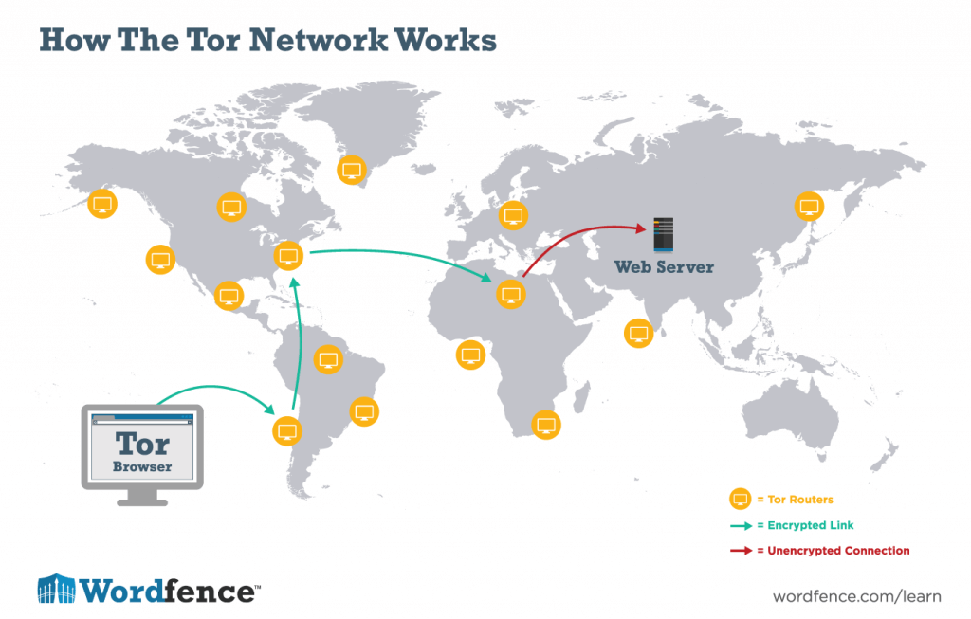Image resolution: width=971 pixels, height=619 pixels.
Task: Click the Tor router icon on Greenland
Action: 352,171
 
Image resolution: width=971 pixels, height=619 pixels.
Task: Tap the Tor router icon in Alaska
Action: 101,204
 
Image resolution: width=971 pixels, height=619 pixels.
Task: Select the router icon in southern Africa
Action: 544,424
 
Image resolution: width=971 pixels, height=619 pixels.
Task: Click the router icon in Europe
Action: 513,215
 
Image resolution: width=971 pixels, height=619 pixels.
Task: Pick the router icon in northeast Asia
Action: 809,207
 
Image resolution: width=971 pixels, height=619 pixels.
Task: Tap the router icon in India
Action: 639,334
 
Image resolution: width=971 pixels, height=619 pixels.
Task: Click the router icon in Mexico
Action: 228,295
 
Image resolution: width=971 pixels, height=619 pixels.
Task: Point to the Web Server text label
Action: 664,267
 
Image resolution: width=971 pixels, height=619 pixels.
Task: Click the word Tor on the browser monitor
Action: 142,444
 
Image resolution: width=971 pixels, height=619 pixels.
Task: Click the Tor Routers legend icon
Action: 739,500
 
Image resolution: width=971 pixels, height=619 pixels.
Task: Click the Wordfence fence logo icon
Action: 55,589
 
